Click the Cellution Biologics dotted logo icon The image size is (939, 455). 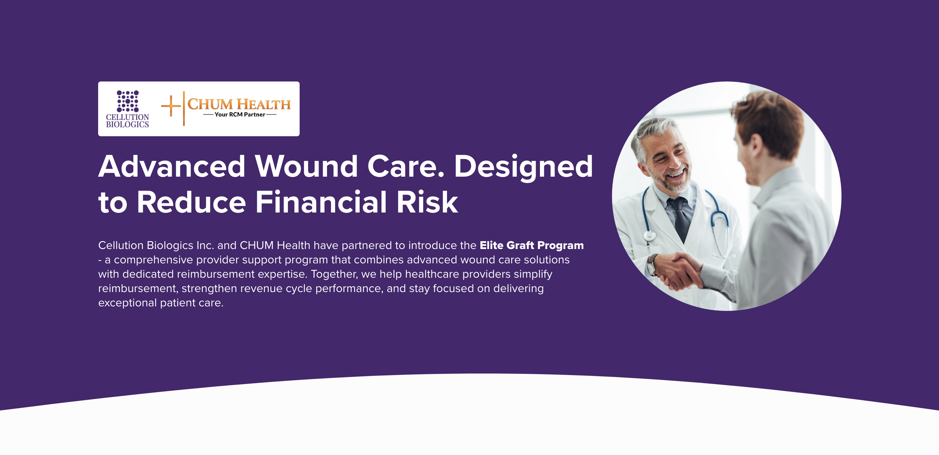pos(127,101)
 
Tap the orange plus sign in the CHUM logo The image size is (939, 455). pos(171,106)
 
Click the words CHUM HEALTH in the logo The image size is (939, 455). pos(239,104)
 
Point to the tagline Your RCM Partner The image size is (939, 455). pos(240,114)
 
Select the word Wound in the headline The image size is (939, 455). pos(306,166)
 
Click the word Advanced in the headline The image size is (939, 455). pos(172,166)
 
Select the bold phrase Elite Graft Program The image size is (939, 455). pos(531,245)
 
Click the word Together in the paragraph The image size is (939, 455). pos(334,274)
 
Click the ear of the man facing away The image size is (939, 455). pos(755,146)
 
